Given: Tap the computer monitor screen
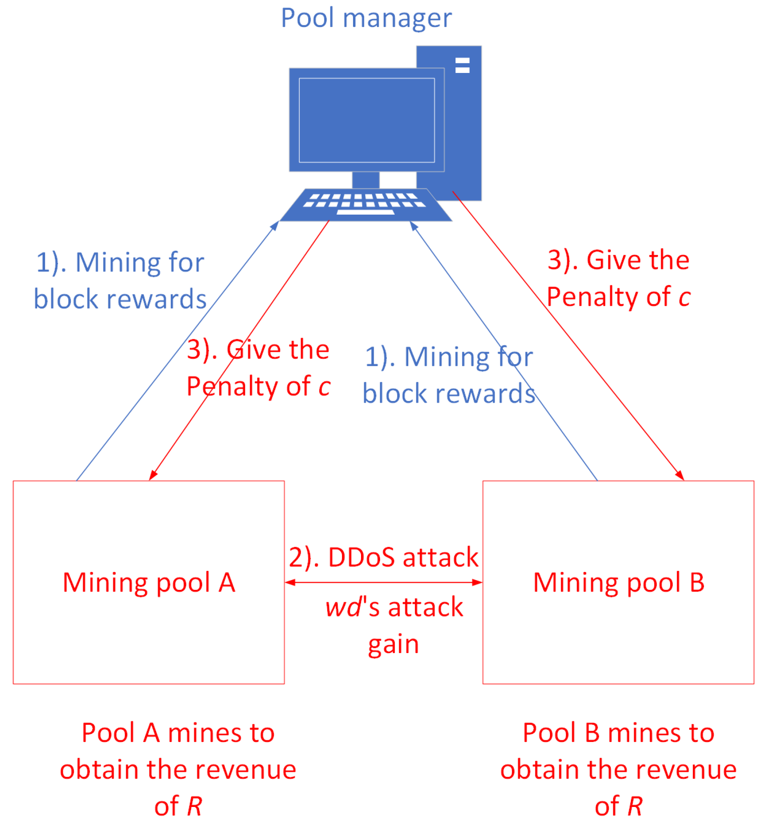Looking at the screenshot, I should [366, 120].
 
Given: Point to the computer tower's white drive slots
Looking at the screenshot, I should [462, 65].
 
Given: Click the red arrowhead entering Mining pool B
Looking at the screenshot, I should [679, 475].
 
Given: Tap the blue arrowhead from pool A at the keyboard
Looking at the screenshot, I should [275, 225].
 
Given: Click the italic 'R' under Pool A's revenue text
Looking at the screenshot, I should [194, 806].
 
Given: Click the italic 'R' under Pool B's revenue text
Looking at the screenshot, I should [635, 806].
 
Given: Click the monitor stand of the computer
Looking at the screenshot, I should [365, 180].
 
